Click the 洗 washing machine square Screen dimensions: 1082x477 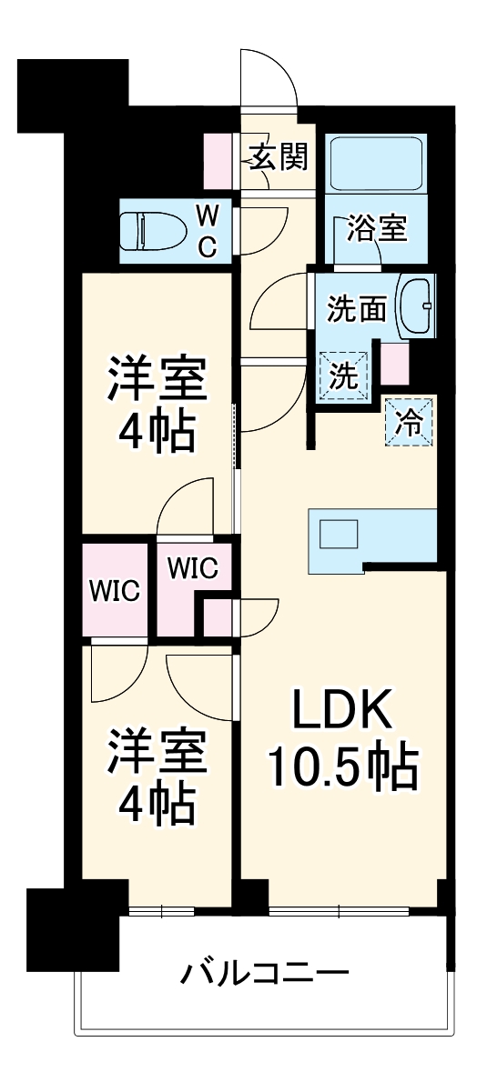pyautogui.click(x=344, y=376)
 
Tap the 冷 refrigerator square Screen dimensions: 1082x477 pyautogui.click(x=411, y=423)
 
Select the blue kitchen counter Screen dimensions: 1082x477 pyautogui.click(x=373, y=540)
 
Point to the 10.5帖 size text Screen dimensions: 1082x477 pyautogui.click(x=342, y=769)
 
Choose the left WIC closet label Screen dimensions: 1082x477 pyautogui.click(x=113, y=592)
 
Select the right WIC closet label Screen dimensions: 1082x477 pyautogui.click(x=191, y=568)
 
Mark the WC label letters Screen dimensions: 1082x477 pyautogui.click(x=208, y=232)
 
